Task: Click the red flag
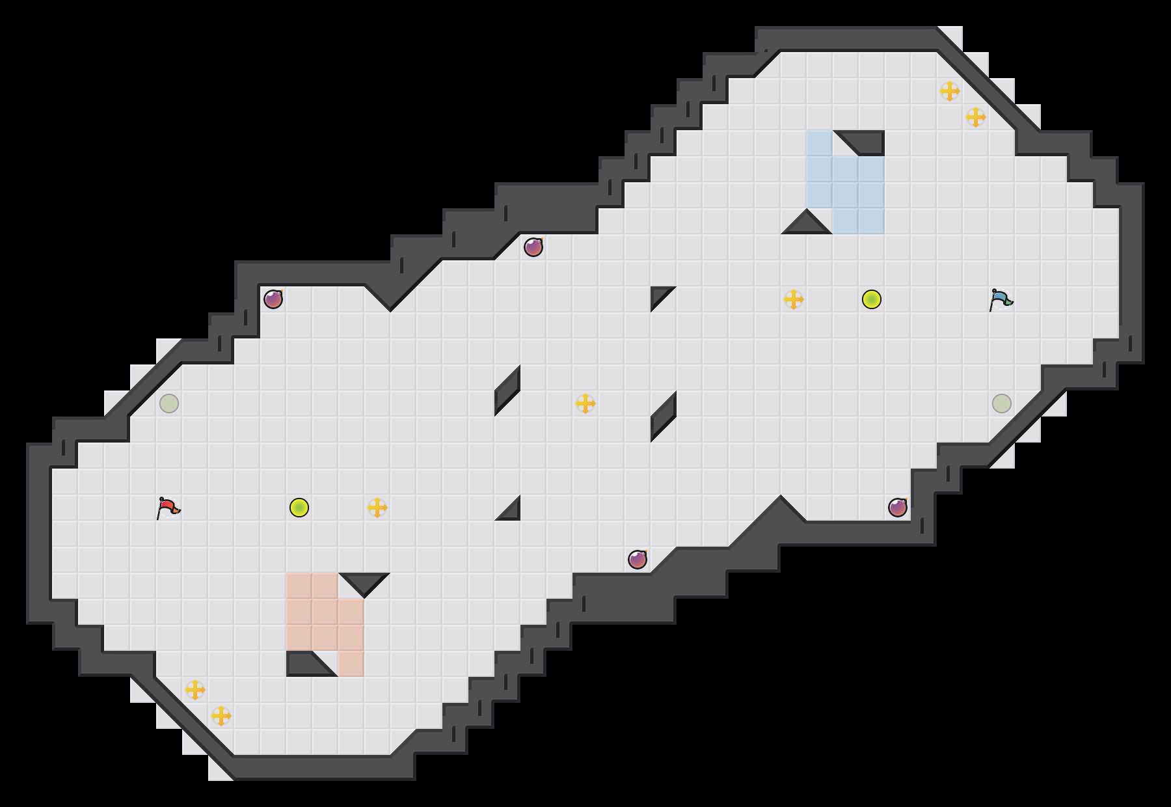click(x=168, y=508)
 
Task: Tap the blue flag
click(x=1001, y=299)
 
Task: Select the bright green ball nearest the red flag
click(x=299, y=508)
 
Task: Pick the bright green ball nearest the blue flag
click(x=872, y=299)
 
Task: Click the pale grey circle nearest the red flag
click(x=169, y=403)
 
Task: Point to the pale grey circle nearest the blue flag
click(x=1002, y=403)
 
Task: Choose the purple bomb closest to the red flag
click(x=273, y=299)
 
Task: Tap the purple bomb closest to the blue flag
click(x=898, y=508)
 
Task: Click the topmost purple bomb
click(x=533, y=247)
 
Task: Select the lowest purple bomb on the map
click(x=638, y=560)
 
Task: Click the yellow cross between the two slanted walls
click(x=585, y=403)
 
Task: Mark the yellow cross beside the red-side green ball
click(x=377, y=508)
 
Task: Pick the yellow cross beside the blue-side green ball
click(x=794, y=299)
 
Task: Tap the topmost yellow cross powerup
click(x=950, y=91)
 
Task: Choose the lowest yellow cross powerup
click(x=221, y=716)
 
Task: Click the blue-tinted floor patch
click(x=846, y=182)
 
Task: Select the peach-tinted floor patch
click(x=325, y=612)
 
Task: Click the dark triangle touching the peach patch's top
click(x=364, y=582)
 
